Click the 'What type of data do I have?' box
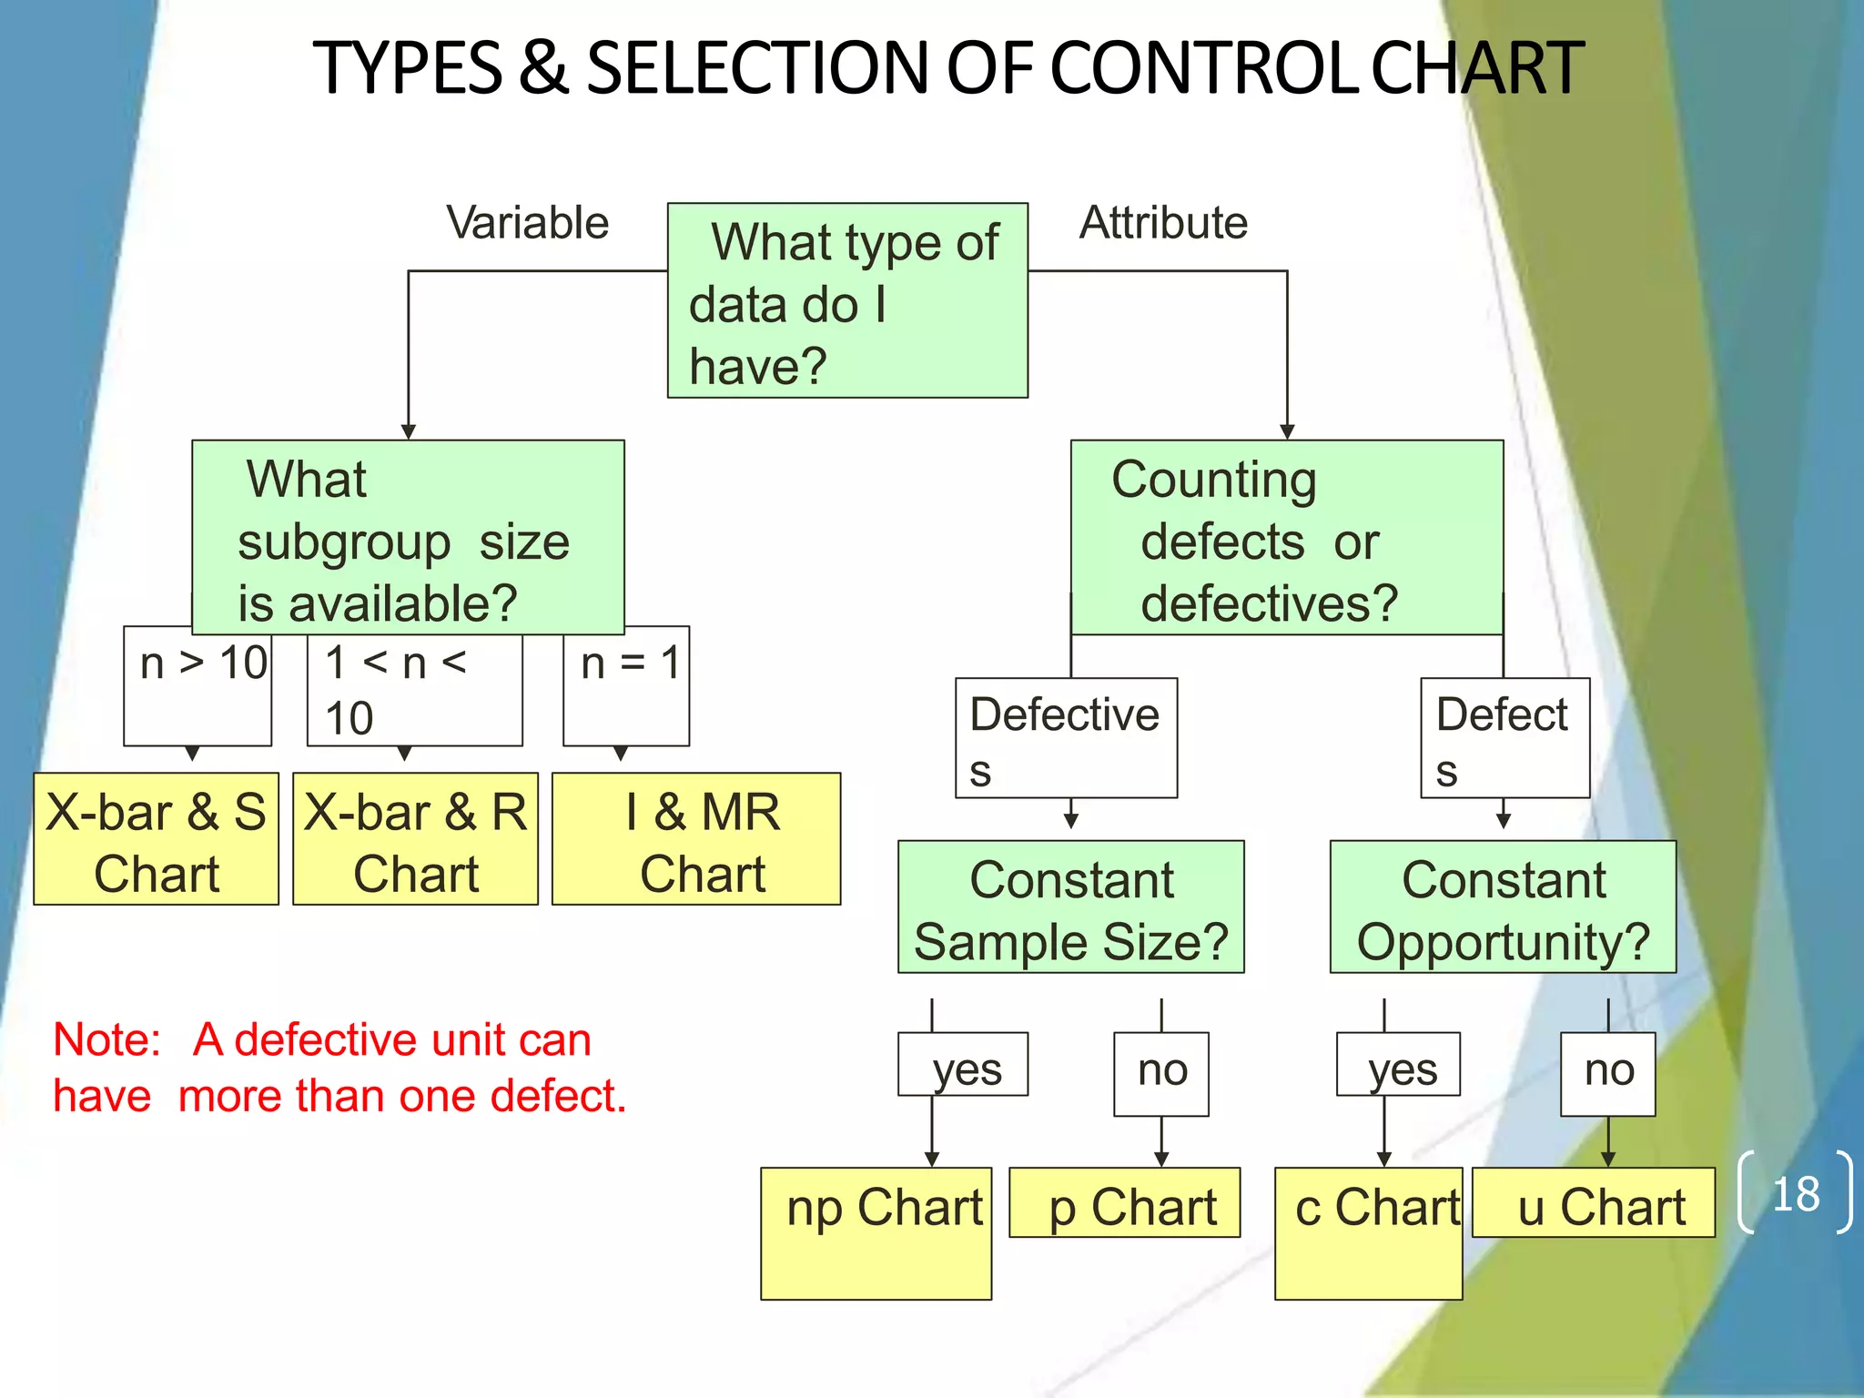847,300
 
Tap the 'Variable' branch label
527,223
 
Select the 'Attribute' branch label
1163,223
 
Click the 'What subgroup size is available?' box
408,538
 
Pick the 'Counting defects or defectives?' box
1287,538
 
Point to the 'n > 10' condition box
198,687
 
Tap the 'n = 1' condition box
627,687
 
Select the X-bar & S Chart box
157,839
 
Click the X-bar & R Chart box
416,839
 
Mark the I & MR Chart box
696,839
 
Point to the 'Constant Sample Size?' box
1071,907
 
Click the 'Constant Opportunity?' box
1504,907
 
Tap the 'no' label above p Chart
1162,1072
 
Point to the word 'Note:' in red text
107,1039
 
